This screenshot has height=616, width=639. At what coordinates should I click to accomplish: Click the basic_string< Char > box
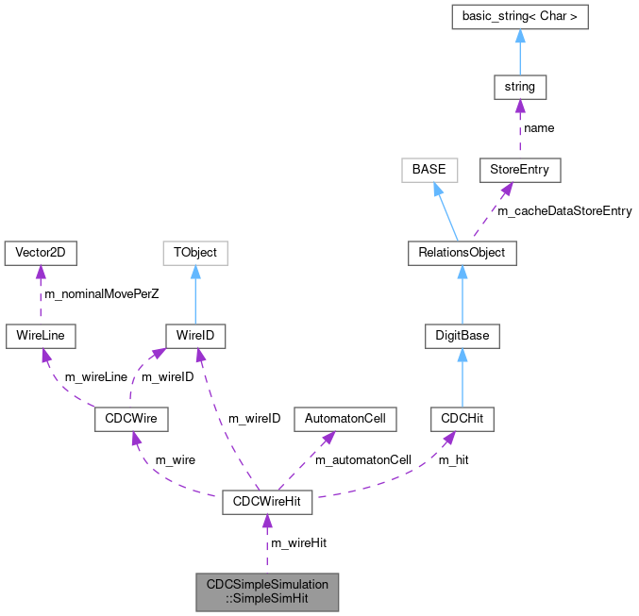coord(519,17)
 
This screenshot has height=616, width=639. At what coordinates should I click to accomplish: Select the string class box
coord(519,87)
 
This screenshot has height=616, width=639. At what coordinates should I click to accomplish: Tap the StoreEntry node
coord(519,170)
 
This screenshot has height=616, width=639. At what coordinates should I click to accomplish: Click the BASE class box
coord(429,170)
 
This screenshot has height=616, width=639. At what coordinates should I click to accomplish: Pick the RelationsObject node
coord(462,253)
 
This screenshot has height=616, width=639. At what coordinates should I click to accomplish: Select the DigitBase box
coord(462,335)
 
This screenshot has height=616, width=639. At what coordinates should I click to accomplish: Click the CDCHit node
coord(462,418)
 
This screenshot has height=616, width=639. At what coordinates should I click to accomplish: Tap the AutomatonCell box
coord(345,418)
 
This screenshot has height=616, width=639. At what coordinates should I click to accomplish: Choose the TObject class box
coord(195,253)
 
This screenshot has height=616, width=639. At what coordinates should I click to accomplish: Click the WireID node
coord(195,335)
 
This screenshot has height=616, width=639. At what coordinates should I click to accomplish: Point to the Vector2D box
coord(40,253)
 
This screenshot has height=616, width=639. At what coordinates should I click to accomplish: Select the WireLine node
coord(40,335)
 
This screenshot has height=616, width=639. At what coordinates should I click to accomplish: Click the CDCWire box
coord(131,418)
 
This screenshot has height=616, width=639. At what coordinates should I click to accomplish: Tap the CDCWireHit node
coord(266,501)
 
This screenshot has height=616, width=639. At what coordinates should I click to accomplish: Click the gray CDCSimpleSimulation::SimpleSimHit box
coord(266,591)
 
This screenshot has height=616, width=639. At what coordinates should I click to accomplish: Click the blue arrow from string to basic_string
coord(519,52)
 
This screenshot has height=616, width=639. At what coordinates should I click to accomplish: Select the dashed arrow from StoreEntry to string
coord(519,128)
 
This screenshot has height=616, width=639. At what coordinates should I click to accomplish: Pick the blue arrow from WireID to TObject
coord(195,294)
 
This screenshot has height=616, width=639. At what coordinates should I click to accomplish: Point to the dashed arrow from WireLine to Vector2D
coord(40,294)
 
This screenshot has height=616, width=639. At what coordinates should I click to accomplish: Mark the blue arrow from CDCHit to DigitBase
coord(462,376)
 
